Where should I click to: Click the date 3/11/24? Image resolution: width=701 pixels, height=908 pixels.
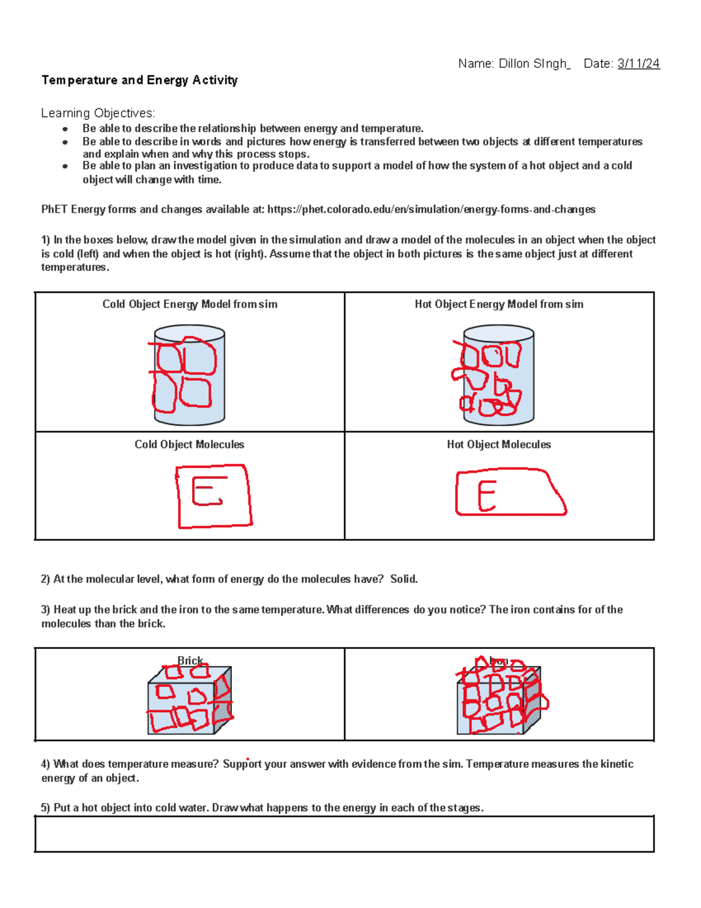(x=638, y=64)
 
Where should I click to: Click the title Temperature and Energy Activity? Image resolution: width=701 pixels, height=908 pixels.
(x=140, y=80)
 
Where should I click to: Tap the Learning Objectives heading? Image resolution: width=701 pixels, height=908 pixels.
(x=98, y=113)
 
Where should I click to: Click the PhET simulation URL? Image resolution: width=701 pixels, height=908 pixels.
(x=431, y=209)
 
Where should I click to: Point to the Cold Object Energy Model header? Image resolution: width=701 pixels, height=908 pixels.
(x=190, y=304)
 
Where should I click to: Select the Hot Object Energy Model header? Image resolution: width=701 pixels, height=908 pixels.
(x=499, y=304)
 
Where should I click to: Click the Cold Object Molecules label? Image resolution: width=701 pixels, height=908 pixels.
(x=189, y=444)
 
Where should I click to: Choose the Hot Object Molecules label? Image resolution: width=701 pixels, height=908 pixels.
(x=499, y=444)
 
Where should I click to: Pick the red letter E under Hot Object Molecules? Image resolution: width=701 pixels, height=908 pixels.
(x=487, y=496)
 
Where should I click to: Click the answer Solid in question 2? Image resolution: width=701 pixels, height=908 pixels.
(x=404, y=579)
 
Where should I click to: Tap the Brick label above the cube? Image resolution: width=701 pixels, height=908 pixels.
(x=190, y=661)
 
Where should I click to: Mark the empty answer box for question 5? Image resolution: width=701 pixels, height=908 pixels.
(x=344, y=834)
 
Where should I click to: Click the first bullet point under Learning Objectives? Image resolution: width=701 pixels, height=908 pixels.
(x=65, y=129)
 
